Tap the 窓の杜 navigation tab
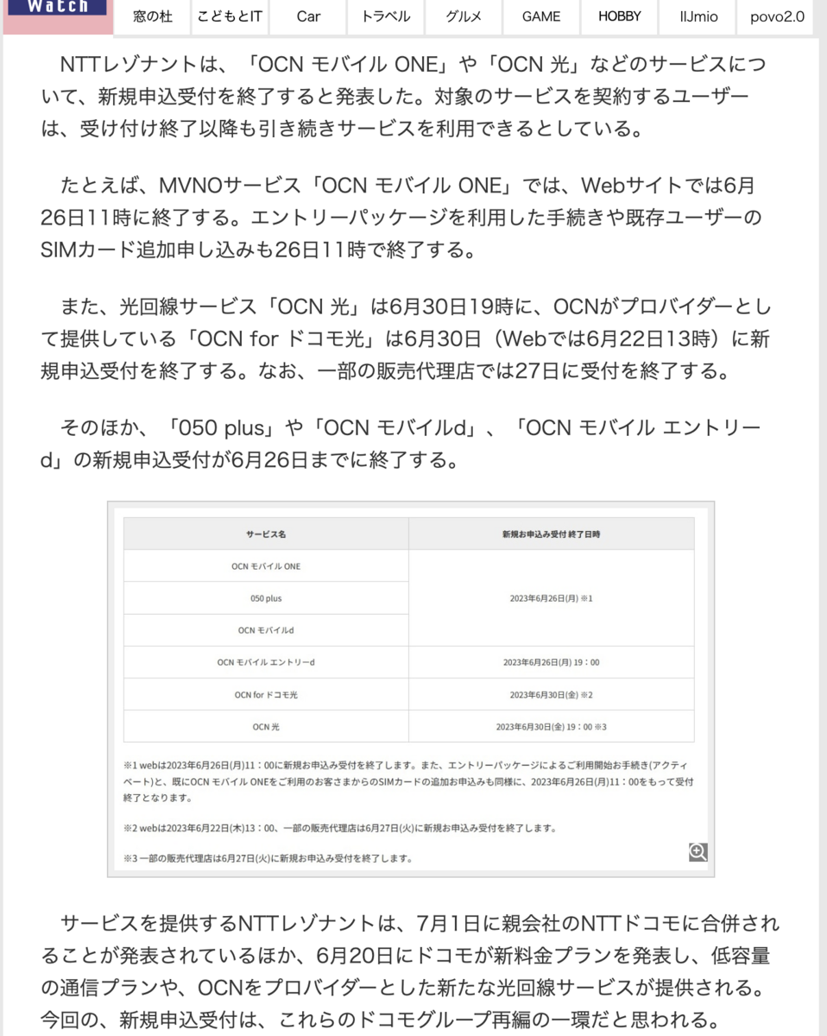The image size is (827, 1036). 153,16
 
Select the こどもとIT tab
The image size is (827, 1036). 230,16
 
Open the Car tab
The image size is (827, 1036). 308,16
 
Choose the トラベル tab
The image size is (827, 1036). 386,16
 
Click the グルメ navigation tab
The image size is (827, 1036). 464,16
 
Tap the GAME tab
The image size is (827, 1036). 541,16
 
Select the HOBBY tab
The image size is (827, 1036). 620,16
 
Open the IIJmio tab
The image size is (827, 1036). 698,16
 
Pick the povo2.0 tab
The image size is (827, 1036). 776,16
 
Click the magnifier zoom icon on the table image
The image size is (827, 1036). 698,852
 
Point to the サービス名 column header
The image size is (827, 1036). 266,534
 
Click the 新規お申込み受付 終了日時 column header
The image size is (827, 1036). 551,534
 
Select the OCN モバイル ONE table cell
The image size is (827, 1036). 266,566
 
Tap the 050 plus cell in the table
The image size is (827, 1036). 266,598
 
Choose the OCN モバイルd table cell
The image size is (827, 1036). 266,630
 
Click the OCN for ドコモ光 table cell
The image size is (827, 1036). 266,694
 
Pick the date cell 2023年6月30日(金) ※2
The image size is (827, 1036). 551,694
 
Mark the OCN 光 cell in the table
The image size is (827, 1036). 266,726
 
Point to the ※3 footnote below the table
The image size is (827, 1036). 268,858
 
